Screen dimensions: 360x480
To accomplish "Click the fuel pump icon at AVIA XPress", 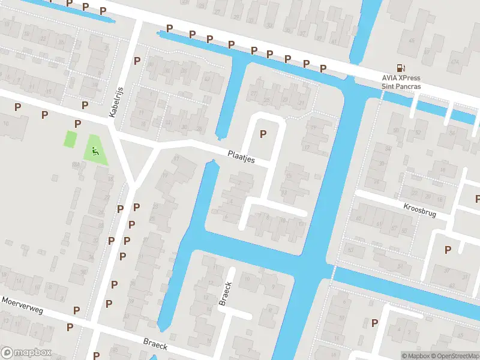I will pos(400,68).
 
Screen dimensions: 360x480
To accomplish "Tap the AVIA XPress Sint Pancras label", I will pos(401,82).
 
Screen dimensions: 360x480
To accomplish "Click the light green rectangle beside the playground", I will pos(71,139).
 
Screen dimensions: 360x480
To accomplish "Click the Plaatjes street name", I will pos(242,157).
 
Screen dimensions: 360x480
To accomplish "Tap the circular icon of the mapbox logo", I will pos(7,353).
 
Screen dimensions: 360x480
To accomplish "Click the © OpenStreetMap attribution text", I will pos(454,356).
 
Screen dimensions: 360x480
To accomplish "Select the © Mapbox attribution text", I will pos(415,356).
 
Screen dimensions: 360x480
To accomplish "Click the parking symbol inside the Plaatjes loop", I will pos(262,134).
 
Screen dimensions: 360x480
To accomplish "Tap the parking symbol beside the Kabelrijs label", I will pos(137,61).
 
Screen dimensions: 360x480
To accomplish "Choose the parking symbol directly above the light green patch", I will pos(77,124).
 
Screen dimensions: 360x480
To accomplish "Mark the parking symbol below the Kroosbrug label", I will pos(447,250).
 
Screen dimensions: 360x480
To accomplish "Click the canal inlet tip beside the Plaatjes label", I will pos(212,162).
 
